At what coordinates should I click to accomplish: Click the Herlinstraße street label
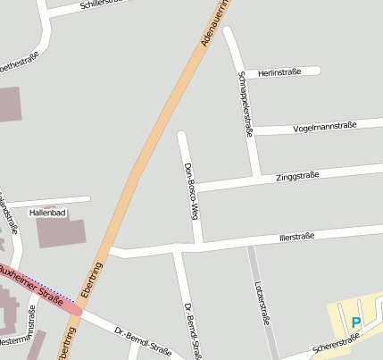(279, 71)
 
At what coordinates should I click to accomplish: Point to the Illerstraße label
(296, 237)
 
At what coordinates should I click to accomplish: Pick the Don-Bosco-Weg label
(188, 190)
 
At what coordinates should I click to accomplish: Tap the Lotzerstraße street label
(262, 306)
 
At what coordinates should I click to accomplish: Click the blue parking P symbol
(356, 322)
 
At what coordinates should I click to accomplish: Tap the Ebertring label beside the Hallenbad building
(91, 280)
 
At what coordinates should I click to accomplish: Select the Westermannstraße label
(21, 339)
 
